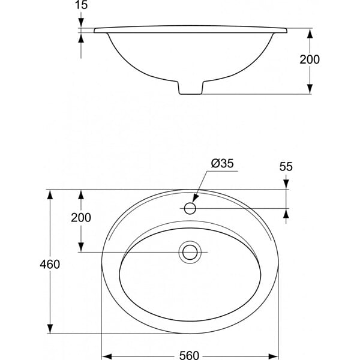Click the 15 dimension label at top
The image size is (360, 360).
pyautogui.click(x=82, y=5)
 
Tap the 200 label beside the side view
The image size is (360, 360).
pyautogui.click(x=310, y=59)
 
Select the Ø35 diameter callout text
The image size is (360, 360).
pyautogui.click(x=222, y=163)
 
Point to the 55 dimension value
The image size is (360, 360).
pyautogui.click(x=286, y=167)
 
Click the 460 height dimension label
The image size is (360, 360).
pyautogui.click(x=50, y=264)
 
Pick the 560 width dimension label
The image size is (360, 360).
pyautogui.click(x=189, y=355)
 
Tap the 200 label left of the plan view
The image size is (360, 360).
pyautogui.click(x=81, y=217)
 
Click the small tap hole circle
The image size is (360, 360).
pyautogui.click(x=190, y=208)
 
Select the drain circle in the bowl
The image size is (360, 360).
pyautogui.click(x=190, y=252)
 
